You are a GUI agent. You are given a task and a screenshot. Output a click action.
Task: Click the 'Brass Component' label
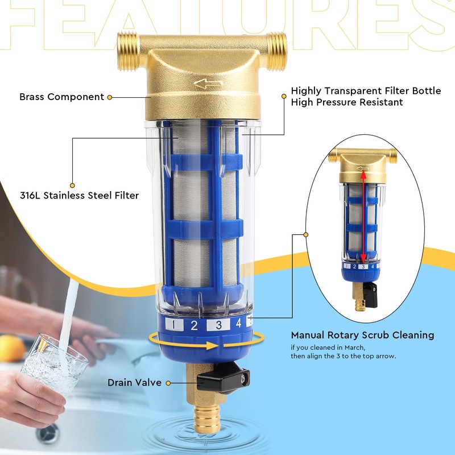pyautogui.click(x=61, y=97)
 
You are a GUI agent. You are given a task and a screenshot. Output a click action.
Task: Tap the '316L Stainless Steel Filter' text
pyautogui.click(x=79, y=196)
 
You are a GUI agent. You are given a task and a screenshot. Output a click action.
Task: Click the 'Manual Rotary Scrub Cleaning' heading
pyautogui.click(x=362, y=335)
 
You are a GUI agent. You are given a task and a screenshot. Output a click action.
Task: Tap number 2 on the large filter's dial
pyautogui.click(x=194, y=326)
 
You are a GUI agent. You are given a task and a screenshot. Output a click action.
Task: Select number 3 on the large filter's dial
pyautogui.click(x=218, y=326)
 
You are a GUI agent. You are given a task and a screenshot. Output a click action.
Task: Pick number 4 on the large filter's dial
pyautogui.click(x=239, y=324)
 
